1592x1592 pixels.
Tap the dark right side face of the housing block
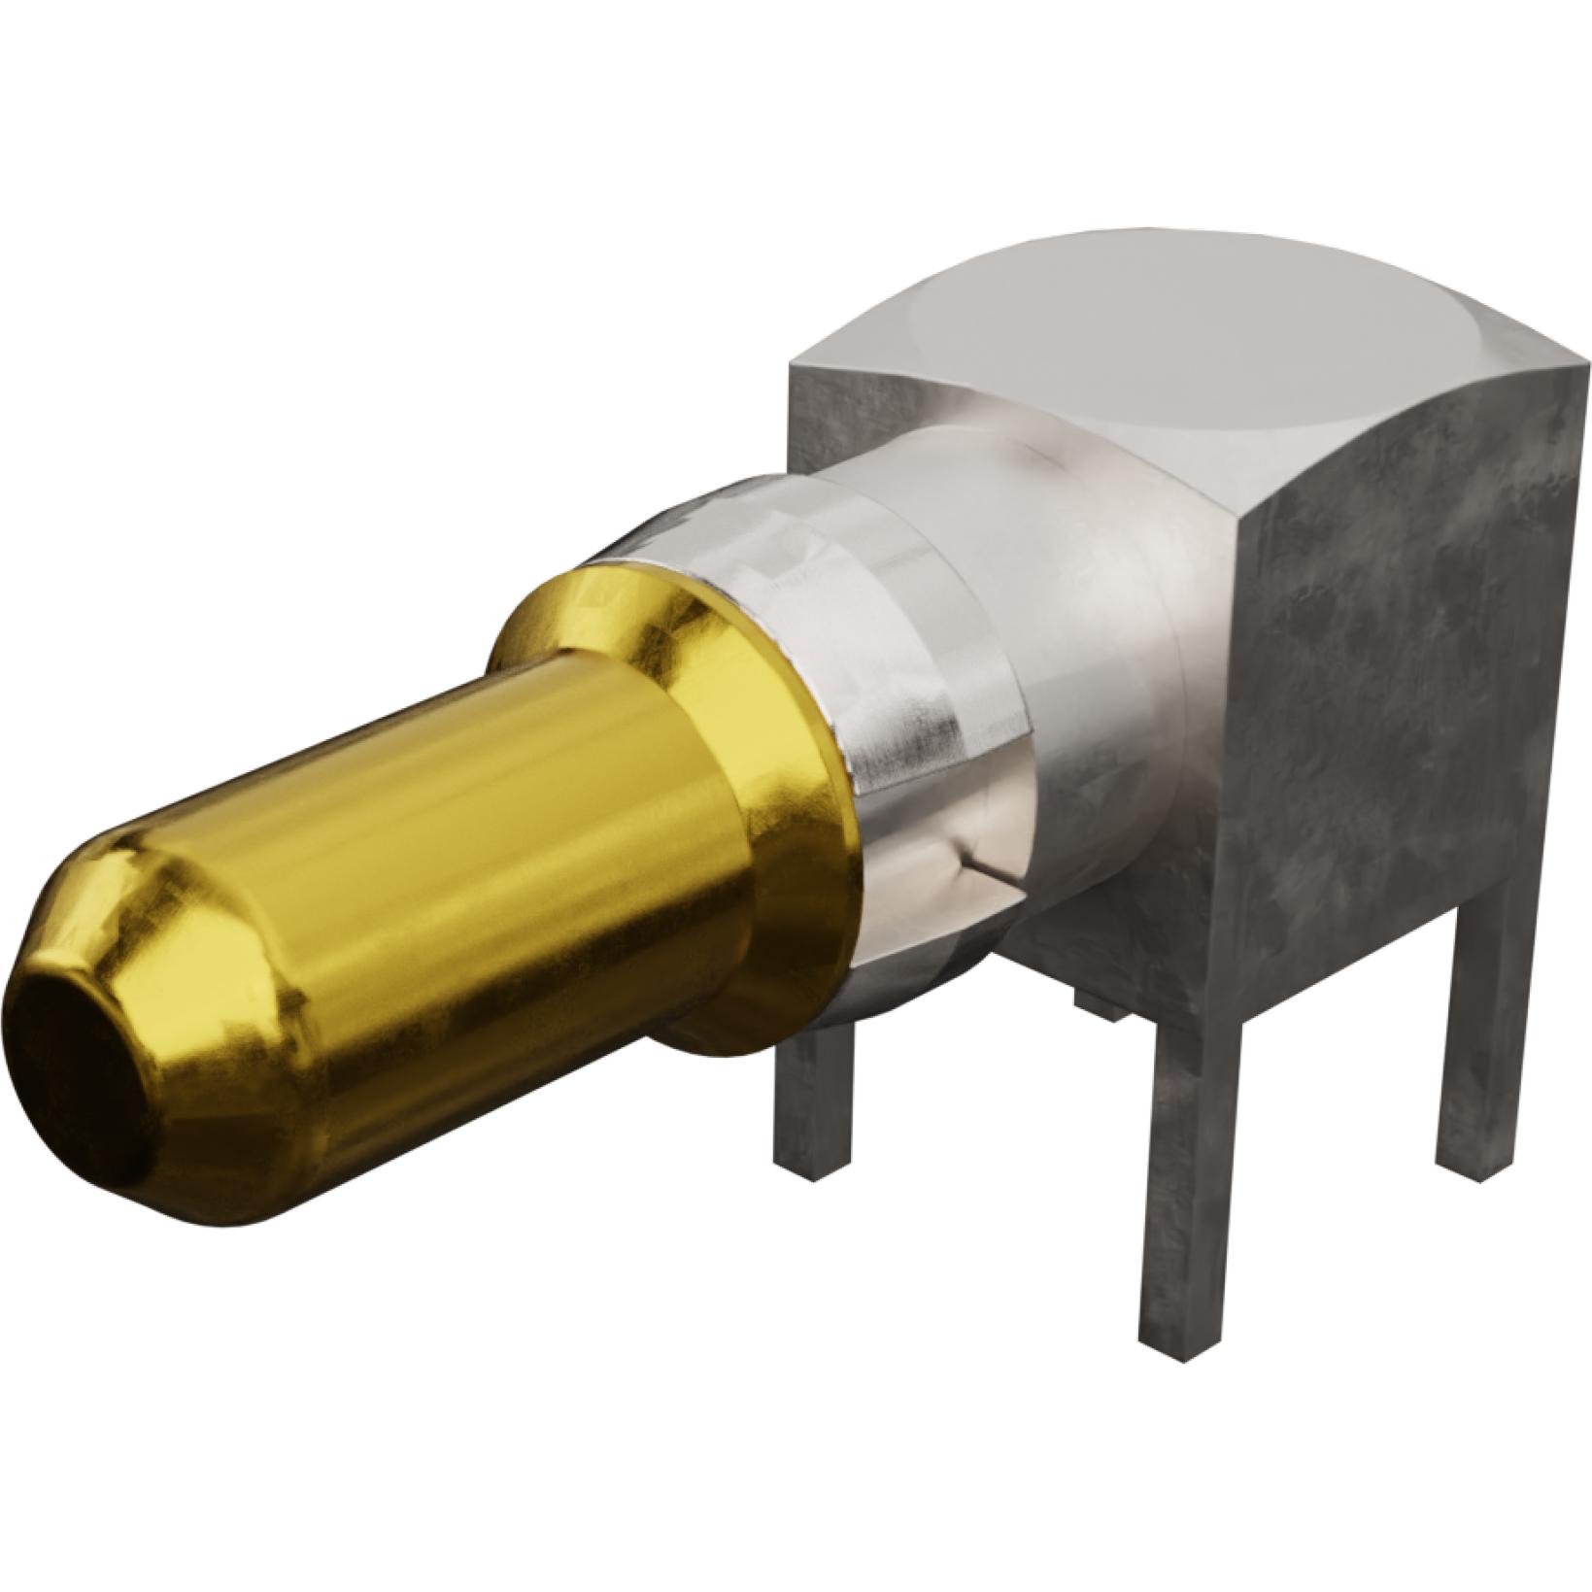pyautogui.click(x=1408, y=680)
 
